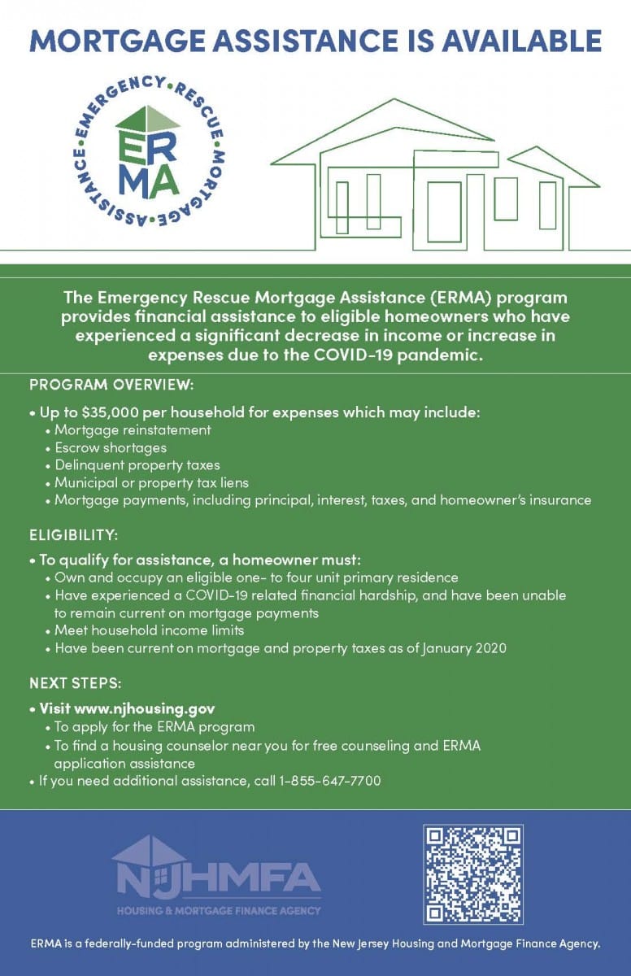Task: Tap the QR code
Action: click(472, 874)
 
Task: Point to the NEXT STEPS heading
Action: click(76, 682)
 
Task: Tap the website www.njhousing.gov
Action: click(144, 708)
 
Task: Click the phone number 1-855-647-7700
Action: click(330, 781)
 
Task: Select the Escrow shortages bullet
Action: click(111, 447)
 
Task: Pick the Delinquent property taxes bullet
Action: click(137, 465)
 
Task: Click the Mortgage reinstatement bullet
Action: click(133, 430)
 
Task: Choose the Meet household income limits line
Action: click(150, 630)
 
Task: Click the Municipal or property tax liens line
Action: click(151, 483)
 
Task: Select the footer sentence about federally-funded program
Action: click(315, 944)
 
